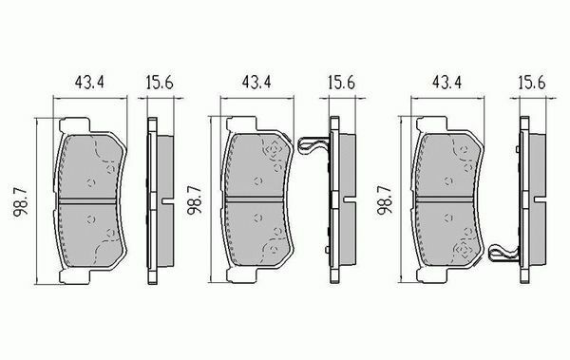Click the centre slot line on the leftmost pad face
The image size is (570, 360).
coord(91,201)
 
